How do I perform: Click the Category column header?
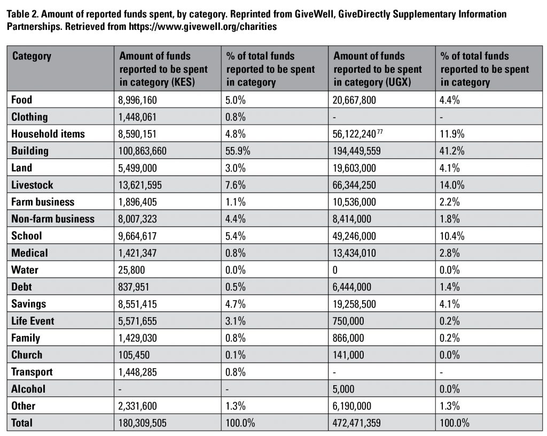[x=32, y=56]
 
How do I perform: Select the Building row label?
[x=30, y=150]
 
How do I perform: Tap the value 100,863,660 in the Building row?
[x=142, y=151]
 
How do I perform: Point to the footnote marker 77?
[x=380, y=131]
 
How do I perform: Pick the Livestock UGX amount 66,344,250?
[x=354, y=185]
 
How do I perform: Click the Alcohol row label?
[x=28, y=389]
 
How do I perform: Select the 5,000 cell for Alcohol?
[x=343, y=389]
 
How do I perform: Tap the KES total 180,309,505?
[x=142, y=423]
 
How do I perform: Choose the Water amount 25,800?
[x=131, y=270]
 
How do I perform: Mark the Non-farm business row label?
[x=53, y=219]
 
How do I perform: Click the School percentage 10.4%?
[x=452, y=236]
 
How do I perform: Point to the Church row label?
[x=27, y=355]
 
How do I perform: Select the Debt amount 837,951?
[x=134, y=287]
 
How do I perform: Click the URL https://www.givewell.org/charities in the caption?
[x=202, y=27]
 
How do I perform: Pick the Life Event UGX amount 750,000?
[x=348, y=321]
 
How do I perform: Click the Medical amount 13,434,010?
[x=354, y=253]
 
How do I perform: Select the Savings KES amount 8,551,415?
[x=137, y=304]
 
